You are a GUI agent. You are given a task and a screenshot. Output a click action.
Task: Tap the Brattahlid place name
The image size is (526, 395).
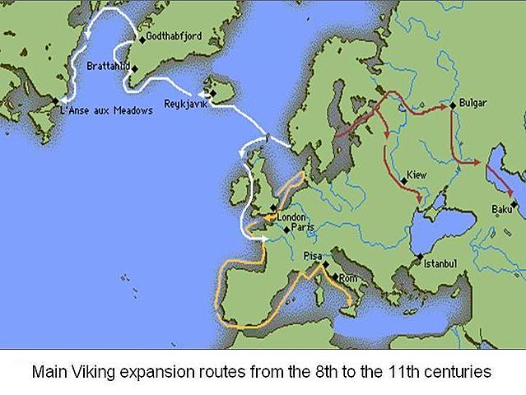[109, 64]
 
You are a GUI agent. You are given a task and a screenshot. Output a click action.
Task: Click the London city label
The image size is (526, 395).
[291, 217]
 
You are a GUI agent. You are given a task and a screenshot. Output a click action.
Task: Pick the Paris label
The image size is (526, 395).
[303, 228]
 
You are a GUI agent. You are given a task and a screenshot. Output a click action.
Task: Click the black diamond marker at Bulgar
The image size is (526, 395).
[453, 105]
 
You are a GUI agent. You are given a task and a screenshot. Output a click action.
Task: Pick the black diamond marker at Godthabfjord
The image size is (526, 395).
[142, 39]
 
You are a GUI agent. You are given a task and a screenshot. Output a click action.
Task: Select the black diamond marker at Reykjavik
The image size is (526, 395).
[212, 95]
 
